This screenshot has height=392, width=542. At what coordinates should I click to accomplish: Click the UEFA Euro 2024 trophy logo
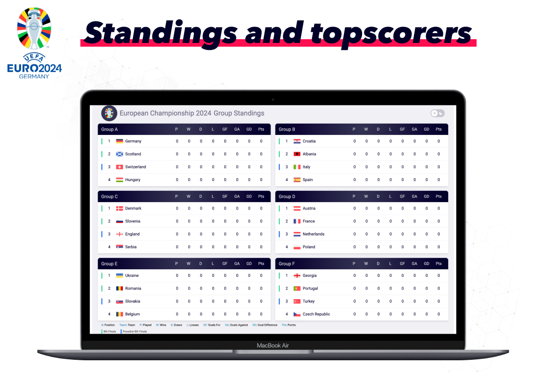[x=34, y=43]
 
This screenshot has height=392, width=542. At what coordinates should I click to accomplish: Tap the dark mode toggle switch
[x=437, y=113]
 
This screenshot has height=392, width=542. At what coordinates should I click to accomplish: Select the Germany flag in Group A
[x=120, y=141]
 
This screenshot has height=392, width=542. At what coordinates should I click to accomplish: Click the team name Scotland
[x=133, y=154]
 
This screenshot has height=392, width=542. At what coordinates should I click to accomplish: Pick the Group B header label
[x=287, y=130]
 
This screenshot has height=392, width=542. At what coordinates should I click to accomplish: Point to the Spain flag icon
[x=297, y=180]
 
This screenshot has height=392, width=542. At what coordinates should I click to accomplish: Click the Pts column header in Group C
[x=261, y=196]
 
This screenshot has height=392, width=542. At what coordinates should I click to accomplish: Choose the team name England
[x=132, y=234]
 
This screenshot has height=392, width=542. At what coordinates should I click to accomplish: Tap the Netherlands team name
[x=314, y=234]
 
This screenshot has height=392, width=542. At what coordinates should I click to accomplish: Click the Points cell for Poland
[x=439, y=247]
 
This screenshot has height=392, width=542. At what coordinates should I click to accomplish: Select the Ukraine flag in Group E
[x=120, y=276]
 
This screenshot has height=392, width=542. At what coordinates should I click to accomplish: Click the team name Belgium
[x=132, y=314]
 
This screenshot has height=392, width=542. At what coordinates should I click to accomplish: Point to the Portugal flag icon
[x=297, y=288]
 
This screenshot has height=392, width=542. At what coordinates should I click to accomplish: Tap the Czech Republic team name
[x=316, y=314]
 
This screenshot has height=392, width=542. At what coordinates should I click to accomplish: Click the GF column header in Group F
[x=402, y=264]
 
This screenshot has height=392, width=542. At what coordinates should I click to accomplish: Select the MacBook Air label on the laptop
[x=273, y=345]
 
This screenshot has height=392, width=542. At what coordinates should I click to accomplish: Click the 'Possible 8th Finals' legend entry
[x=134, y=331]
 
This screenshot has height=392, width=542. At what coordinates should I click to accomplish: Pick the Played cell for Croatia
[x=354, y=141]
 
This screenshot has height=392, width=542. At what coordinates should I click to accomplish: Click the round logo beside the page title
[x=109, y=113]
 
